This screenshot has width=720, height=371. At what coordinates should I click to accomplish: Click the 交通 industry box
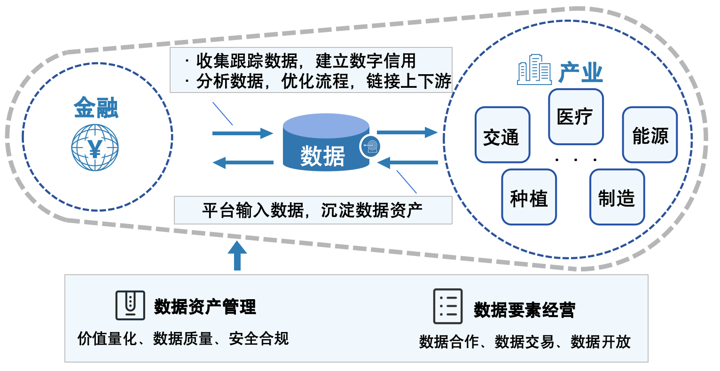pos(502,135)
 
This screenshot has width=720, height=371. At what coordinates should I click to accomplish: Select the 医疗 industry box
pos(575,116)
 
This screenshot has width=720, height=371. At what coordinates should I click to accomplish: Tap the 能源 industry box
pos(650,135)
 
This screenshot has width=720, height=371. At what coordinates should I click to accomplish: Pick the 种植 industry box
pos(529,197)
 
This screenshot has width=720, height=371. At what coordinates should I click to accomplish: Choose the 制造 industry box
pos(617,197)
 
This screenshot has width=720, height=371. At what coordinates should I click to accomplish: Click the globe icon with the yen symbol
pos(95,147)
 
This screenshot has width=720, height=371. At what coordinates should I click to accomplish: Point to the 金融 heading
pos(96,108)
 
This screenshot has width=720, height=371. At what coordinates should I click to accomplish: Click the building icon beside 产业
pos(534,70)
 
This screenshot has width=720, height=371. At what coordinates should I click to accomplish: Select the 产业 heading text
pos(580,73)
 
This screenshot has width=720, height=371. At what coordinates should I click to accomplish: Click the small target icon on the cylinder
pos(371,146)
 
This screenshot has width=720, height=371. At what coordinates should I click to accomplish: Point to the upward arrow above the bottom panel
pos(237,255)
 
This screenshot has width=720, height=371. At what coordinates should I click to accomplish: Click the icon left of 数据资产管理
pos(130,305)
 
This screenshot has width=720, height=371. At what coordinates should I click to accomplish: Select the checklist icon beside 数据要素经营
pos(447,306)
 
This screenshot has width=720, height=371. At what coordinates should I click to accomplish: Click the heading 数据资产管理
pos(205,307)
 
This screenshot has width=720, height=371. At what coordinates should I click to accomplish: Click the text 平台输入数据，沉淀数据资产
pos(313,210)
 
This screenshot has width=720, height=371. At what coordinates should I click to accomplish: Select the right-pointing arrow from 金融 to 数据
pos(242,133)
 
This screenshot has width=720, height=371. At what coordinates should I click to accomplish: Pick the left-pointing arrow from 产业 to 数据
pos(407,163)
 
